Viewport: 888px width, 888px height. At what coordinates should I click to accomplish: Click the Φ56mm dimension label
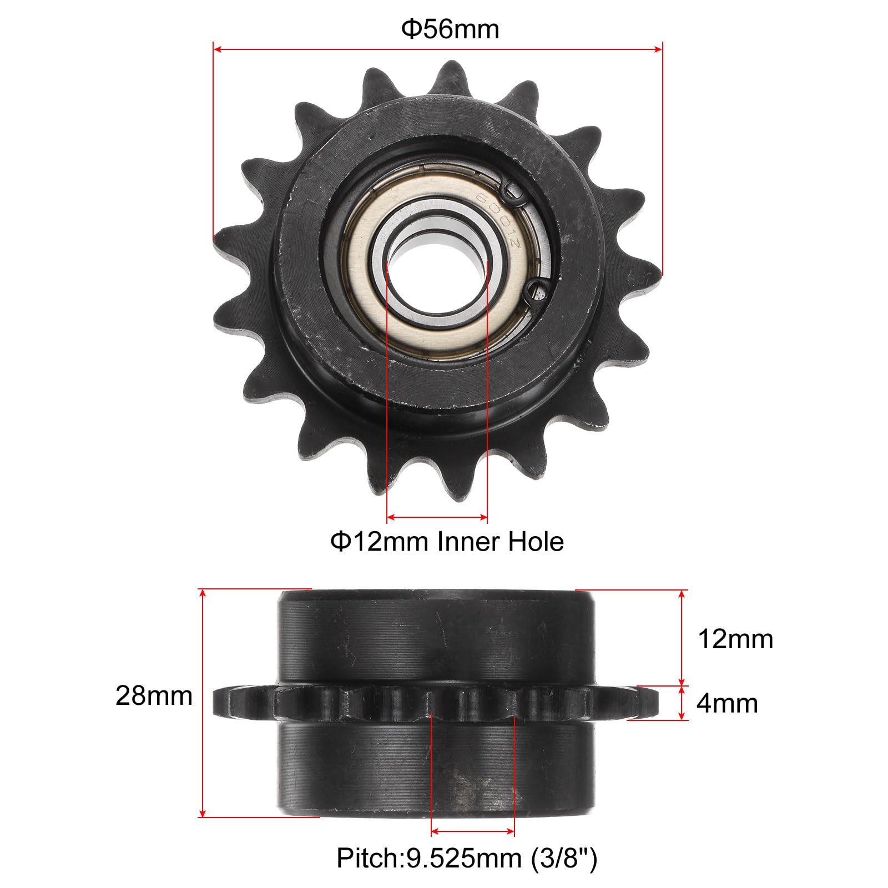coord(450,29)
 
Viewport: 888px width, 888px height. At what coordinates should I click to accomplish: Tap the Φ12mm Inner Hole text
coord(447,541)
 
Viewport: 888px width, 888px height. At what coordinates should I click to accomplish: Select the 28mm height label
coord(154,695)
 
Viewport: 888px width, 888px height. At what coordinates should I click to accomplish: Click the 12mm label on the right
coord(735,639)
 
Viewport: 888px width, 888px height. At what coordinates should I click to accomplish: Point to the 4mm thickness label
coord(726,704)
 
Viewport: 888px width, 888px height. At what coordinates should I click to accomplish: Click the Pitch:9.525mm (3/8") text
coord(467,859)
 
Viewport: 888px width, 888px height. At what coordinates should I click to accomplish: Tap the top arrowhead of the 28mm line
coord(204,594)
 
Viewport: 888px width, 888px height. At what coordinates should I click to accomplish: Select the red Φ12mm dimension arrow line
coord(437,517)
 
